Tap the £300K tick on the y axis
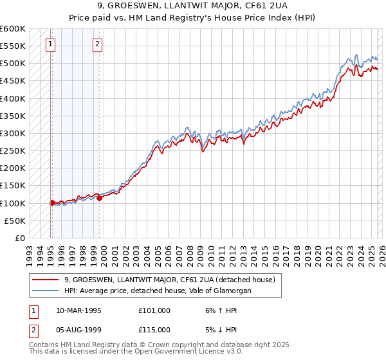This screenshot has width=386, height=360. [x=13, y=134]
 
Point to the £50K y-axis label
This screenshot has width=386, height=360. [x=15, y=221]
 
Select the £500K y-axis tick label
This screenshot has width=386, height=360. [x=13, y=64]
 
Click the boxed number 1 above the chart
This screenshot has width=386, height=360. [x=51, y=44]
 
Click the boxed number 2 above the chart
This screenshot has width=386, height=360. [x=97, y=44]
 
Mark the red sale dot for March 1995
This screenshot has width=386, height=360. [x=52, y=203]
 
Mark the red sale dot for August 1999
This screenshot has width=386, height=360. [x=100, y=198]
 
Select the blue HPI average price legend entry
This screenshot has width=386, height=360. [x=157, y=291]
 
